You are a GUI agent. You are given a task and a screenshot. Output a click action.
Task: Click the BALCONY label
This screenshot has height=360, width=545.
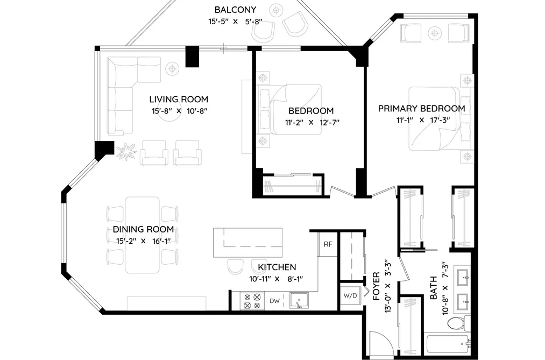[235, 10]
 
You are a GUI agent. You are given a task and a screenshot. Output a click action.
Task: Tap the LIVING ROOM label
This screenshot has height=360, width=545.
[179, 100]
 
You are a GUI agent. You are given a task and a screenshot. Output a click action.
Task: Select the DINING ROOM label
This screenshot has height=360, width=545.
[143, 229]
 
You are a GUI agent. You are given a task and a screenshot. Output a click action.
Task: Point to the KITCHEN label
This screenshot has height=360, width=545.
[277, 267]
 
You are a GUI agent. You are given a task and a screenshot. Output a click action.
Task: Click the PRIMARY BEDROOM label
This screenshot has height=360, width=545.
[422, 109]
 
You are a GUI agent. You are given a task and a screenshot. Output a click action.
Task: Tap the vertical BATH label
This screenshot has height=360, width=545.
[434, 288]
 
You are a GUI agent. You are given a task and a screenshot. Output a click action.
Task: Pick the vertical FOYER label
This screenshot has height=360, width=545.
[377, 287]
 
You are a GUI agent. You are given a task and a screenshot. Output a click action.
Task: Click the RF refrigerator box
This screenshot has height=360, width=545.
[328, 244]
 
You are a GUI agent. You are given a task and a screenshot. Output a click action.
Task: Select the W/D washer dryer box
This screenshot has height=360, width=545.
[350, 296]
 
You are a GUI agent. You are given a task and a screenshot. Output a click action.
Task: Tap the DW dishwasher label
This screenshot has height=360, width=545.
[274, 301]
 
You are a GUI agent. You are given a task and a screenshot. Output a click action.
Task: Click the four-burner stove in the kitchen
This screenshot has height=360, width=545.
[252, 301]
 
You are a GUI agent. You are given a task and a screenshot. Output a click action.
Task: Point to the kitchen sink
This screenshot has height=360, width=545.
[299, 301]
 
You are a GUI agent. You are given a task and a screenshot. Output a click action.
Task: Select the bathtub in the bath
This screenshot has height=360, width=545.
[447, 345]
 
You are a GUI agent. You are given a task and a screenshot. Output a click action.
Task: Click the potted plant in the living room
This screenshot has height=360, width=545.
[126, 152]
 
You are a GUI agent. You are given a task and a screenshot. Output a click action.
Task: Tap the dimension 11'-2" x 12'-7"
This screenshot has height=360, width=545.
[312, 122]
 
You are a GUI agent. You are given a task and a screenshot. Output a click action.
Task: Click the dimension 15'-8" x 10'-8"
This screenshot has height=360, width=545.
[179, 111]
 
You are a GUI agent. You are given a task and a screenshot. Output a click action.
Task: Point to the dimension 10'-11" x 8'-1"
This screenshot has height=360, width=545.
[277, 279]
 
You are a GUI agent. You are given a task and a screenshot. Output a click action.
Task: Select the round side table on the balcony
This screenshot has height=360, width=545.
[277, 10]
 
